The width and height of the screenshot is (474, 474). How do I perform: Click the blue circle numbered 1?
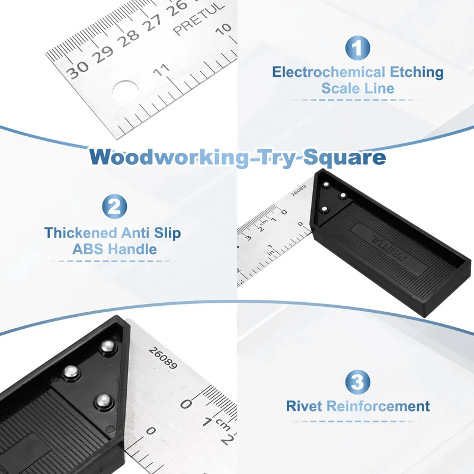[x=358, y=48]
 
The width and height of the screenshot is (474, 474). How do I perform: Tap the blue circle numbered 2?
[x=114, y=206]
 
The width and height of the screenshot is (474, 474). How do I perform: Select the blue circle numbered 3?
[x=358, y=382]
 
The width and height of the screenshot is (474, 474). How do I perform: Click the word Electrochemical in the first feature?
[x=329, y=72]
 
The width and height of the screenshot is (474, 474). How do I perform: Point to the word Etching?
[x=417, y=72]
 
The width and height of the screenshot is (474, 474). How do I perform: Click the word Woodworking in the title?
[x=168, y=157]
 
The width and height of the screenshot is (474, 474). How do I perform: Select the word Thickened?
[x=81, y=233]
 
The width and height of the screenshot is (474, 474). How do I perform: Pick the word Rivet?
[x=304, y=406]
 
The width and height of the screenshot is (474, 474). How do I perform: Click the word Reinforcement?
[x=378, y=406]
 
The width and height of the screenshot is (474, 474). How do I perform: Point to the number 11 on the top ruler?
[x=161, y=70]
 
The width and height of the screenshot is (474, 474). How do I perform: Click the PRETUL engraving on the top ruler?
[x=199, y=18]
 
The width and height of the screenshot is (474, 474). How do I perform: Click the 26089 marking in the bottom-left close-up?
[x=162, y=358]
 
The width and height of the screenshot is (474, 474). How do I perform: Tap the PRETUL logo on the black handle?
[x=389, y=248]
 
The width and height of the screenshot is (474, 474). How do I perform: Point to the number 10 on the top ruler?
[x=224, y=29]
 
